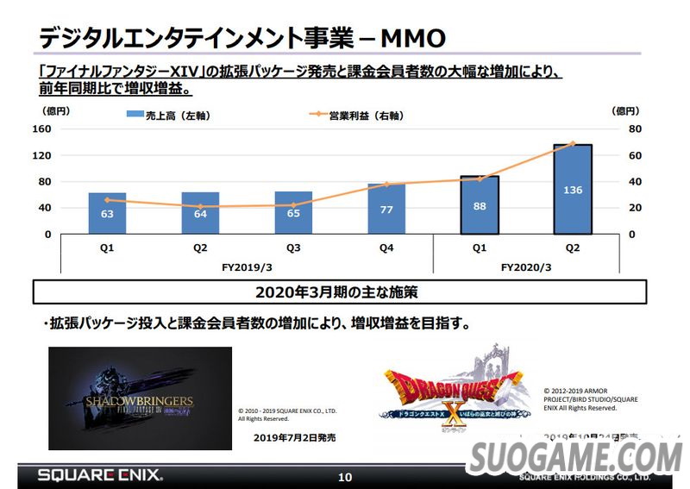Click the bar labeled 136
click(x=572, y=190)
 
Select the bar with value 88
click(x=479, y=205)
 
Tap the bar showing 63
click(x=107, y=214)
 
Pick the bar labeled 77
click(x=386, y=209)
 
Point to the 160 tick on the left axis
click(x=42, y=129)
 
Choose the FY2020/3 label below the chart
click(x=525, y=267)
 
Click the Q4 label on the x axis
click(x=386, y=247)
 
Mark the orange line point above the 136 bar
click(x=572, y=143)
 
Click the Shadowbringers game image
click(x=140, y=398)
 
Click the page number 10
click(x=345, y=477)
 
